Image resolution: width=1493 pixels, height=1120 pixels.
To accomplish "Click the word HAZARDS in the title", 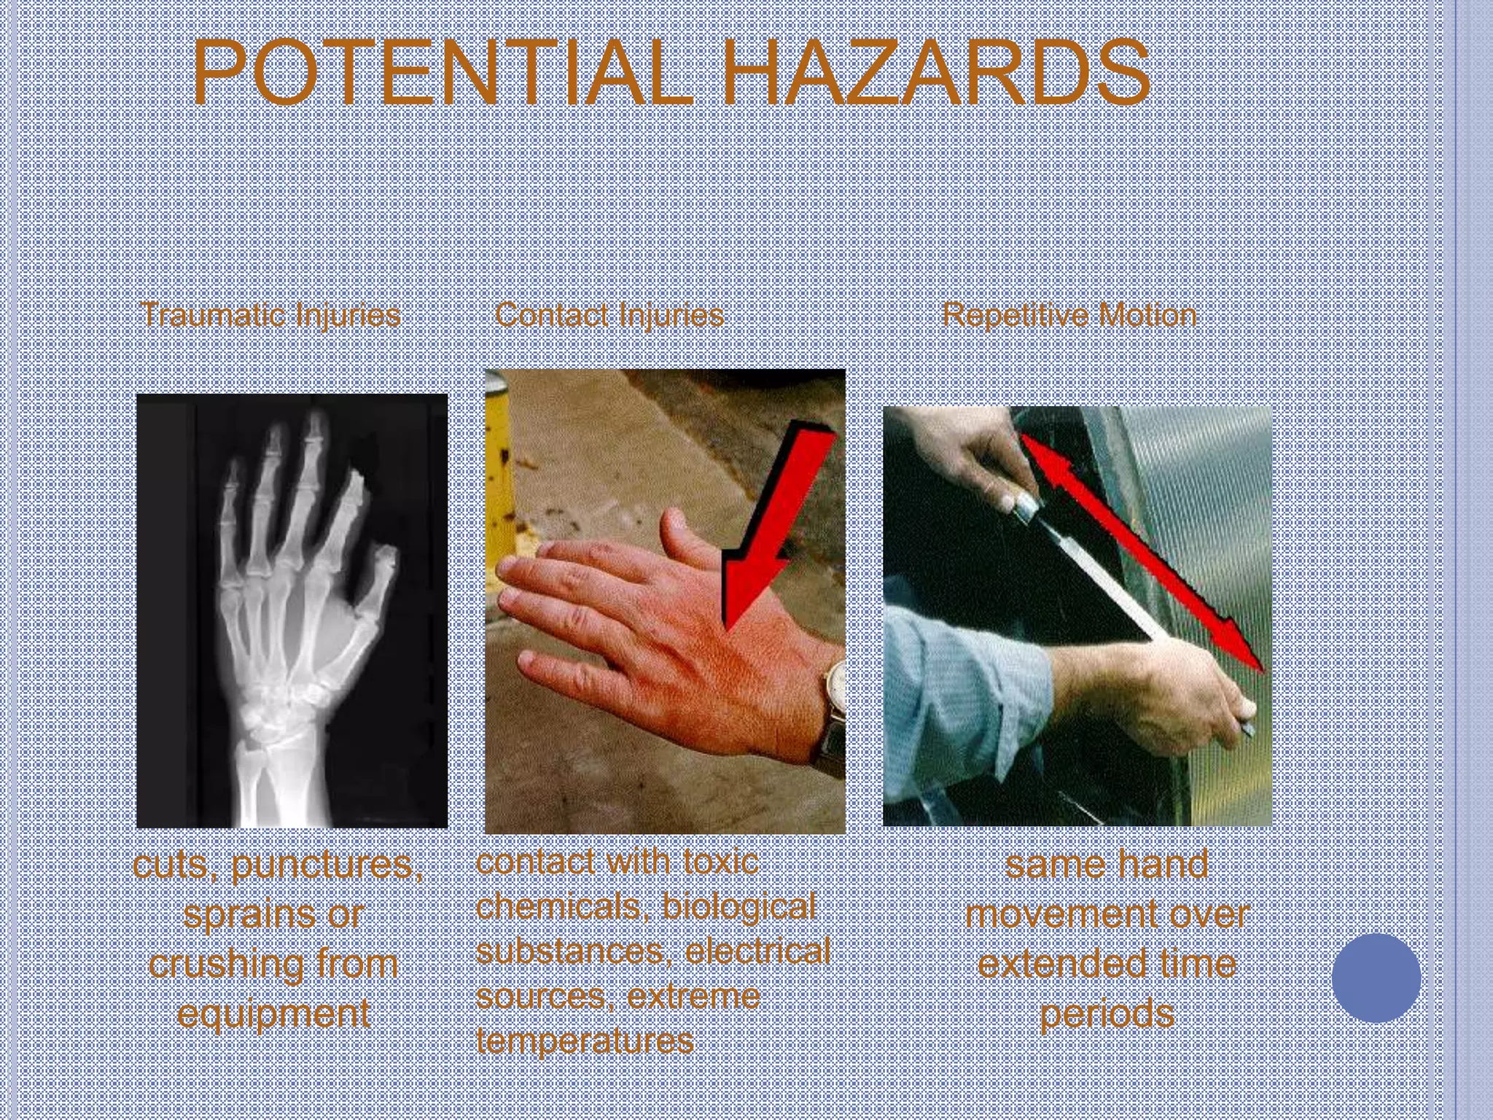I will (936, 73).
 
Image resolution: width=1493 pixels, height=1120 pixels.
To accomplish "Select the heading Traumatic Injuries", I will (270, 315).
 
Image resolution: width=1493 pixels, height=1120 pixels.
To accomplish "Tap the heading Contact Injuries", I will (609, 315).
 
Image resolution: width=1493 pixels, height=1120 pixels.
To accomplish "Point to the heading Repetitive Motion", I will (1069, 315).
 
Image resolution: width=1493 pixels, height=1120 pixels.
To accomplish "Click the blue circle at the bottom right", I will (1376, 978).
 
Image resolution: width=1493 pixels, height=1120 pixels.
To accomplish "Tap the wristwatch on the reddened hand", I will (835, 700).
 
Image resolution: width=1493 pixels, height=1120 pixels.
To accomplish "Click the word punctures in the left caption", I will (327, 866).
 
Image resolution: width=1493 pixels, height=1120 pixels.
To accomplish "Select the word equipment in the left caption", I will (273, 1014).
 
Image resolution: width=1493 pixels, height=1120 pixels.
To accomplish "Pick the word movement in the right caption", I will (1107, 914).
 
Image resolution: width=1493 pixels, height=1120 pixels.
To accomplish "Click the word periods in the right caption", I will (1107, 1014).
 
